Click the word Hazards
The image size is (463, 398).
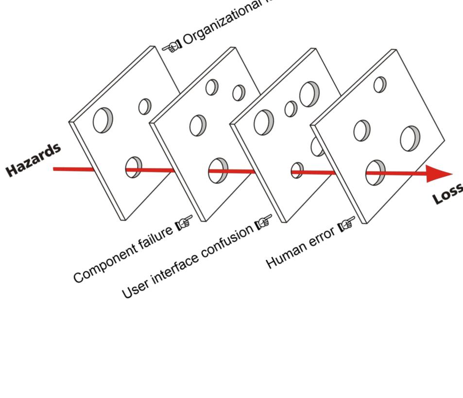pos(34,159)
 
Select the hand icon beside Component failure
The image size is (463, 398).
pos(184,223)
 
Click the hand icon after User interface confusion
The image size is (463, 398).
pos(264,221)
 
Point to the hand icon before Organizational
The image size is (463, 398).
pos(171,46)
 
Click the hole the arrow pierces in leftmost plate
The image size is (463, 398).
pos(133,167)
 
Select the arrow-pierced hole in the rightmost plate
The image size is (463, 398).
pos(375,173)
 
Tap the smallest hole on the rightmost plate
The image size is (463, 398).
pos(380,85)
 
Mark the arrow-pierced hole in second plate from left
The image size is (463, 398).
pos(218,171)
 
